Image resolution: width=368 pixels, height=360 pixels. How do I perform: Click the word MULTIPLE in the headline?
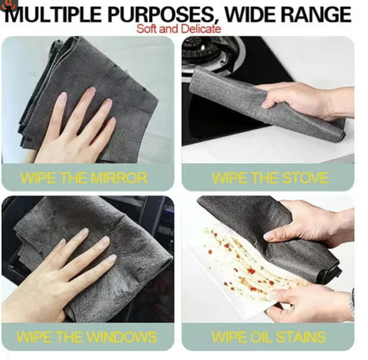53,15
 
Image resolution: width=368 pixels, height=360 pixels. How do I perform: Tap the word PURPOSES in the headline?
160,15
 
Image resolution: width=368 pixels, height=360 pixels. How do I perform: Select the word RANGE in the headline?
316,15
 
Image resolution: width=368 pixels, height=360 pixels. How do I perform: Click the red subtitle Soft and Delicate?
178,29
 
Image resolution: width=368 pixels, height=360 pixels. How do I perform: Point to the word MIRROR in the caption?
119,178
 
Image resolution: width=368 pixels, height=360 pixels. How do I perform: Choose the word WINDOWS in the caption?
121,337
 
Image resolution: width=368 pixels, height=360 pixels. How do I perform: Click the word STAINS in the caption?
301,337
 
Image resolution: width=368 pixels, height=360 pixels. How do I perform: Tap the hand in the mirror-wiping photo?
75,127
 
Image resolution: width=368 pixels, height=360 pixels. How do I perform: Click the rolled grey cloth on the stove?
265,103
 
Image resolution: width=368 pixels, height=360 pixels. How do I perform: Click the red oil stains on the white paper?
244,261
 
